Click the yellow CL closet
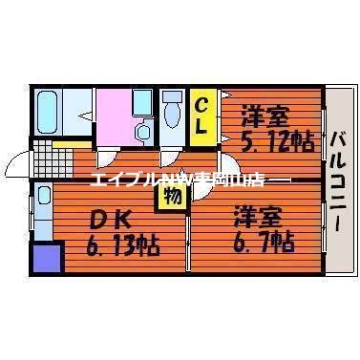click(202, 116)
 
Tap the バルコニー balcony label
click(339, 178)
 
